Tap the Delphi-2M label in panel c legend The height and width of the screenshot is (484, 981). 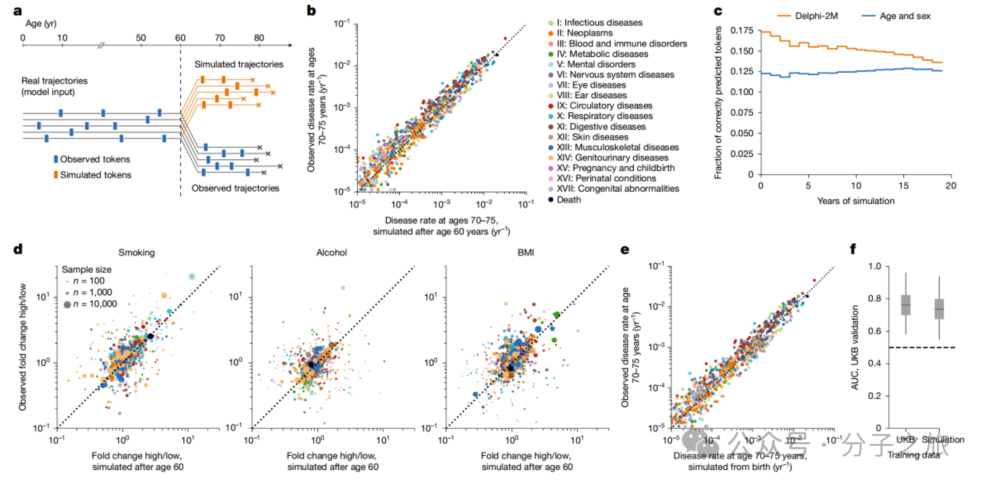tap(816, 16)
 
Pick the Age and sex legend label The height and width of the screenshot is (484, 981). tap(905, 16)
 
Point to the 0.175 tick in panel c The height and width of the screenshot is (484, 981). tap(742, 31)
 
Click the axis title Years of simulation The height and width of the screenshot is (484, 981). tap(855, 201)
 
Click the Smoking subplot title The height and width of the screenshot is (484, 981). tap(136, 253)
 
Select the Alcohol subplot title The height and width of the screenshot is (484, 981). tap(331, 253)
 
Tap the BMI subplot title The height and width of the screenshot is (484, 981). tap(526, 253)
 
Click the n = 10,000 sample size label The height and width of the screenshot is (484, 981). tap(95, 304)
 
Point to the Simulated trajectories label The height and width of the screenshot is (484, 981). tap(239, 64)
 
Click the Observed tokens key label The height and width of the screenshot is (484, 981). tap(95, 159)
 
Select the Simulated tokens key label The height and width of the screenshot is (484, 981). tap(95, 175)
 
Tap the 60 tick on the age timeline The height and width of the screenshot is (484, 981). tap(180, 38)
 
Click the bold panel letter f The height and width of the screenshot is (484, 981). tap(852, 249)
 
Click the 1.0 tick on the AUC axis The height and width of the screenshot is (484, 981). tap(875, 266)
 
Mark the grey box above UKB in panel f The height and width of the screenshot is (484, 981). tap(905, 305)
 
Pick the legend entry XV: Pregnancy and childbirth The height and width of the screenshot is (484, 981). tap(615, 168)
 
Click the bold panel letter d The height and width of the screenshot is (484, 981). tap(18, 249)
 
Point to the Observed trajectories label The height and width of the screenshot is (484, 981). tap(235, 188)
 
